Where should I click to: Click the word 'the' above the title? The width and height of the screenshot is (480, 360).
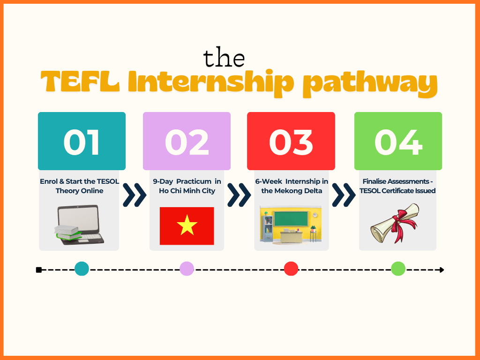224,58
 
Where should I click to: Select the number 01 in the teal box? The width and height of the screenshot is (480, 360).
82,142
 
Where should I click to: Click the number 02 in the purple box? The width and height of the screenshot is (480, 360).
187,142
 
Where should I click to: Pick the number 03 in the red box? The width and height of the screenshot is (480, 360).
291,142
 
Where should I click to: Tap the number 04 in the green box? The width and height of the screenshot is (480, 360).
397,142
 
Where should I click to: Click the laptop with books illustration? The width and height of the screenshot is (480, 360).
78,225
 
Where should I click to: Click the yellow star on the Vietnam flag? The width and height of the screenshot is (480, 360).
187,226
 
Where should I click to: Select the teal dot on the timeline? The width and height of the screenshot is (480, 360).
82,269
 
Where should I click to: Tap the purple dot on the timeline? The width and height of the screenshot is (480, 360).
187,269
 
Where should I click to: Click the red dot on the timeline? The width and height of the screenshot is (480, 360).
291,269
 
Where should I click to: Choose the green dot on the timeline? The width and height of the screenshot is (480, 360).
398,269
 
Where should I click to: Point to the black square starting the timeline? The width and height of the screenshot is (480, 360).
39,270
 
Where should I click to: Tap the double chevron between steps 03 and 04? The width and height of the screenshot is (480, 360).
343,195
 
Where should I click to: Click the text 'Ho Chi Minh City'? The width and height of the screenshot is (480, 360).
187,191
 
